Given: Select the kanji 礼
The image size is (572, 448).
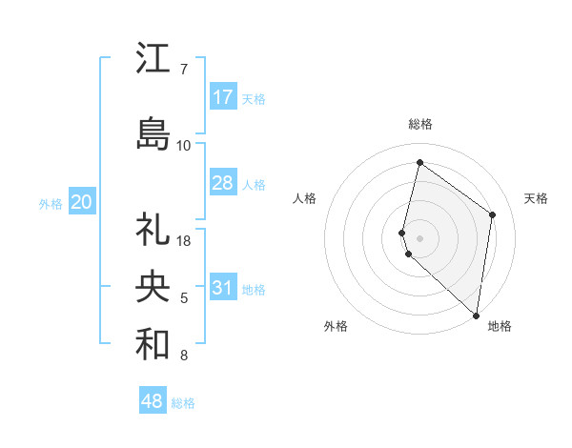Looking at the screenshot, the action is tap(153, 230).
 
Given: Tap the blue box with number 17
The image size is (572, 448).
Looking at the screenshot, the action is tap(223, 96).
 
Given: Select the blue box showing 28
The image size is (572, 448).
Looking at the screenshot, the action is tap(223, 183).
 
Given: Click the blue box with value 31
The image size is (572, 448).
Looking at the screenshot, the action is tap(223, 288).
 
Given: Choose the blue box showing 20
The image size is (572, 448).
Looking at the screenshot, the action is tap(82, 201).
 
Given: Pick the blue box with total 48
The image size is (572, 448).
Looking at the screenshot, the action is tap(153, 401).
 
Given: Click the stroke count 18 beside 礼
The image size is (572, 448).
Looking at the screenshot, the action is tap(185, 240).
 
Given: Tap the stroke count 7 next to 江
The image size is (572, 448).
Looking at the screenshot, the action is tap(183, 70).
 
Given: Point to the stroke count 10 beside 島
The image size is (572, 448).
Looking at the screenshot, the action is tap(184, 145).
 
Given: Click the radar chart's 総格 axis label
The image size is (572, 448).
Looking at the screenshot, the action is tap(420, 124).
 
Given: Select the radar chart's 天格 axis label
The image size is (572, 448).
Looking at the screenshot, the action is tap(537, 198).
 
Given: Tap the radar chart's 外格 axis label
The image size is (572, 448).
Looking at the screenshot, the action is tap(336, 326).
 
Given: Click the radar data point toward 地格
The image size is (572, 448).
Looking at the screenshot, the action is tap(476, 316).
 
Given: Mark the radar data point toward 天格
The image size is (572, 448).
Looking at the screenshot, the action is tap(493, 214).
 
